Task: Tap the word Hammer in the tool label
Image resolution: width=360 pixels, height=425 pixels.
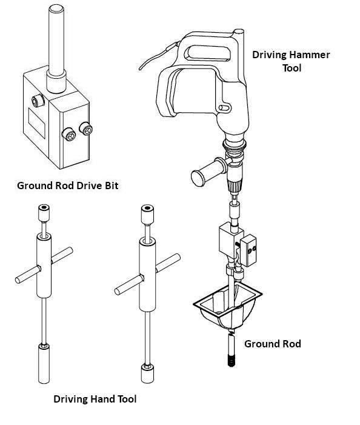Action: click(x=309, y=55)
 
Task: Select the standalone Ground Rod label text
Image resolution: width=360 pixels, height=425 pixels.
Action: click(x=272, y=344)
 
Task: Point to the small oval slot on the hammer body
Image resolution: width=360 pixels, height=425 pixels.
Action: click(x=226, y=107)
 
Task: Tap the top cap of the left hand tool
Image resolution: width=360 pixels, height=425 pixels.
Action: click(x=43, y=212)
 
